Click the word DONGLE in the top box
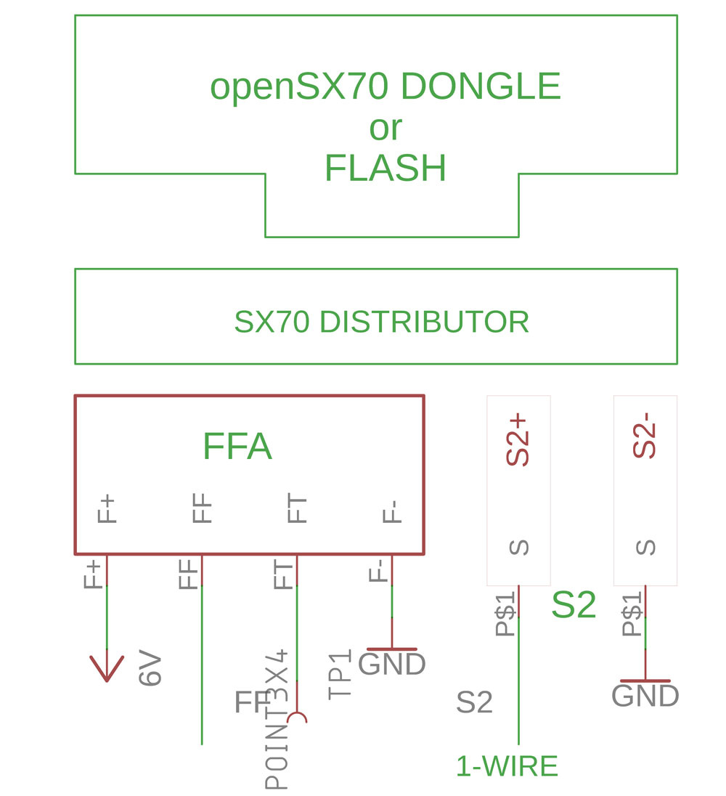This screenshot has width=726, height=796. coord(481,86)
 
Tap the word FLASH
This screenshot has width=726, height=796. coord(385,168)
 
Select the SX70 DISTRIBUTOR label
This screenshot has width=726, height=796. coord(382,322)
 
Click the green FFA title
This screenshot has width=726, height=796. coord(237,446)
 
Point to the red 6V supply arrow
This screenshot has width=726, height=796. coord(107,668)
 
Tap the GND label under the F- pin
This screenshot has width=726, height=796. coord(391,664)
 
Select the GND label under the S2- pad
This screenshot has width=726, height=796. coord(645,696)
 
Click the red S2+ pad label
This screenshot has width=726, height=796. coord(518,440)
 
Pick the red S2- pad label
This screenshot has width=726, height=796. coord(645,436)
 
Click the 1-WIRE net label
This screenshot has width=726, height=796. coord(507,766)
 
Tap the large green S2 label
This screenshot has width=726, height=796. coord(574,604)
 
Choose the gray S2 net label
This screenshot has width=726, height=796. coord(474,702)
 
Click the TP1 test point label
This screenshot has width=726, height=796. coord(340,675)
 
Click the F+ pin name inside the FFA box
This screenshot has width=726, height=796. coord(107,509)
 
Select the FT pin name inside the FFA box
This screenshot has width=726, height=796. coord(297,508)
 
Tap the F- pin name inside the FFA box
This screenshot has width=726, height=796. coord(391,512)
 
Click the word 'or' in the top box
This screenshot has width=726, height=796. coord(386,129)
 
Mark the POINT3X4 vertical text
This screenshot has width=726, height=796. coord(277,718)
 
